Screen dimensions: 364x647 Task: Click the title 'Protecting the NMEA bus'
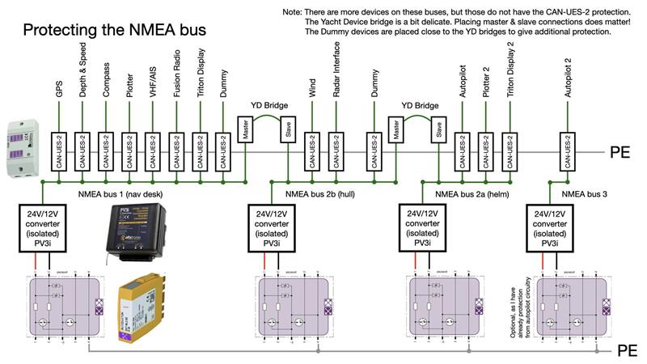tap(114, 30)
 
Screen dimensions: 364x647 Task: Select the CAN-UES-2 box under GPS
tap(59, 150)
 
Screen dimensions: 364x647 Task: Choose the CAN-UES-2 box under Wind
tap(312, 150)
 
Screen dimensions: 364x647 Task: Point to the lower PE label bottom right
tap(628, 351)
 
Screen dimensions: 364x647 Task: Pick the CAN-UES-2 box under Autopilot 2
tap(569, 150)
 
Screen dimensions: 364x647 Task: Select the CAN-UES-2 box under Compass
tap(106, 150)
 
